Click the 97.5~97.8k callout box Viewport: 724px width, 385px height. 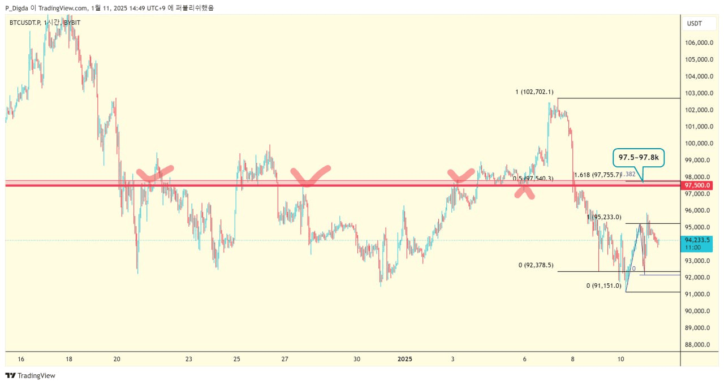coord(638,157)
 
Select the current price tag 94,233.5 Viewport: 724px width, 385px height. coord(696,243)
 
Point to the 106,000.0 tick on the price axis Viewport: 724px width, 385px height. coord(699,43)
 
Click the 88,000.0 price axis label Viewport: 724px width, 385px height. coord(699,344)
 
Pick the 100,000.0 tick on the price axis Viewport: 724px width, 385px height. coord(699,144)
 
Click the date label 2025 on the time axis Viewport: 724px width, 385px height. coord(406,359)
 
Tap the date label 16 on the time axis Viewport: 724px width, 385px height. coord(21,359)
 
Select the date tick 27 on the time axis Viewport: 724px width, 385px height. coord(285,359)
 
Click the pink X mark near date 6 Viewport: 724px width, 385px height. coord(525,191)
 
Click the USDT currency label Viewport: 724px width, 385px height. coord(694,23)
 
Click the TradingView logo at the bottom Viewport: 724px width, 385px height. coord(31,375)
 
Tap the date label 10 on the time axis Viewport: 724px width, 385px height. coord(620,359)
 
